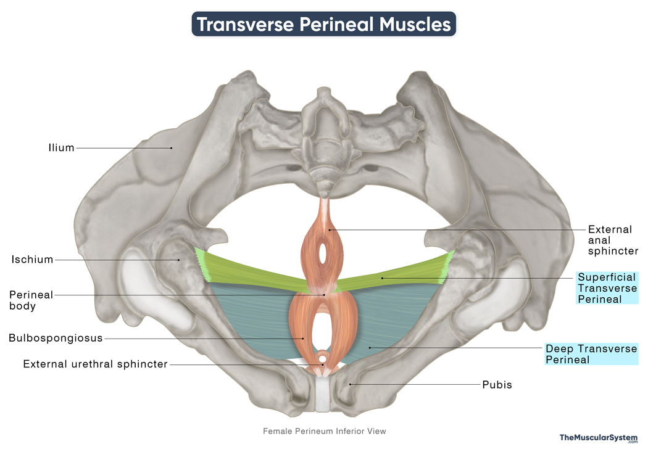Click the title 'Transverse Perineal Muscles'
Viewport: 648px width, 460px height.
(x=323, y=25)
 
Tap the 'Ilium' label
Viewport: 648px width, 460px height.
(x=62, y=148)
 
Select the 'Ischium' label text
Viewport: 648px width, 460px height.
(x=32, y=260)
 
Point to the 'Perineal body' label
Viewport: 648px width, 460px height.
(x=31, y=300)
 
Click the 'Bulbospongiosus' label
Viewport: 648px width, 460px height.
(x=56, y=338)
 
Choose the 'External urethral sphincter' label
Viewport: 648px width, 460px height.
(x=96, y=364)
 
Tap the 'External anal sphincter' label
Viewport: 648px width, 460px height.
(x=613, y=240)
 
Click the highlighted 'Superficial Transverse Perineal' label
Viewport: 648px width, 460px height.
(x=607, y=288)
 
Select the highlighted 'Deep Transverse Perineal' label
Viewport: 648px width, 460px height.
(x=591, y=354)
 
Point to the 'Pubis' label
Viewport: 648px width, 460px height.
(x=497, y=385)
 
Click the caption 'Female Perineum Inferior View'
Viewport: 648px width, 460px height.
(x=325, y=431)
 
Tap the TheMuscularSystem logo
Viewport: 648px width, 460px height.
(x=599, y=438)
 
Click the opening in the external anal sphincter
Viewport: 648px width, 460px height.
(x=323, y=253)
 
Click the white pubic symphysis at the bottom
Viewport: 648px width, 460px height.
(x=323, y=394)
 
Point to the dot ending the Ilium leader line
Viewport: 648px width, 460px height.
(x=171, y=148)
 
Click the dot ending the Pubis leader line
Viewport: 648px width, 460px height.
(x=351, y=384)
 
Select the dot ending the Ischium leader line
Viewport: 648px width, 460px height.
(x=178, y=260)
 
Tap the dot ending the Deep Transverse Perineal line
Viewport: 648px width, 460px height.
(x=370, y=348)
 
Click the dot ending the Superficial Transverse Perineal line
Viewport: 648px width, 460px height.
(x=382, y=278)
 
